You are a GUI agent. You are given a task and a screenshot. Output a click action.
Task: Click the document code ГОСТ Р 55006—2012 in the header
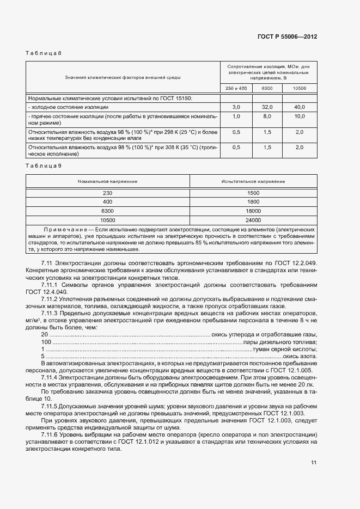pyautogui.click(x=287, y=37)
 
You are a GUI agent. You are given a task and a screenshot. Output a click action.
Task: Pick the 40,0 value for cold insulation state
pyautogui.click(x=300, y=107)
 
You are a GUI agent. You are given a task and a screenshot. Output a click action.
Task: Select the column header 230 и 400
pyautogui.click(x=236, y=88)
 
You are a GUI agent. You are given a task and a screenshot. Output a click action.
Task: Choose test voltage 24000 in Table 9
pyautogui.click(x=253, y=220)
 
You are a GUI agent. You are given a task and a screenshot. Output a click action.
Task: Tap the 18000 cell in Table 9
pyautogui.click(x=253, y=211)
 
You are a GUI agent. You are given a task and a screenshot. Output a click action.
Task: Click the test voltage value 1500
pyautogui.click(x=253, y=193)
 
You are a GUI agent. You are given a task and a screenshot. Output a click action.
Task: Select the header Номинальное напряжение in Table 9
pyautogui.click(x=107, y=181)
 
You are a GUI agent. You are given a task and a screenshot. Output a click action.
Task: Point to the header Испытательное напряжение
pyautogui.click(x=253, y=181)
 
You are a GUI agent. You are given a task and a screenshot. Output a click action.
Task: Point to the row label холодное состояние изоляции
pyautogui.click(x=62, y=107)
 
